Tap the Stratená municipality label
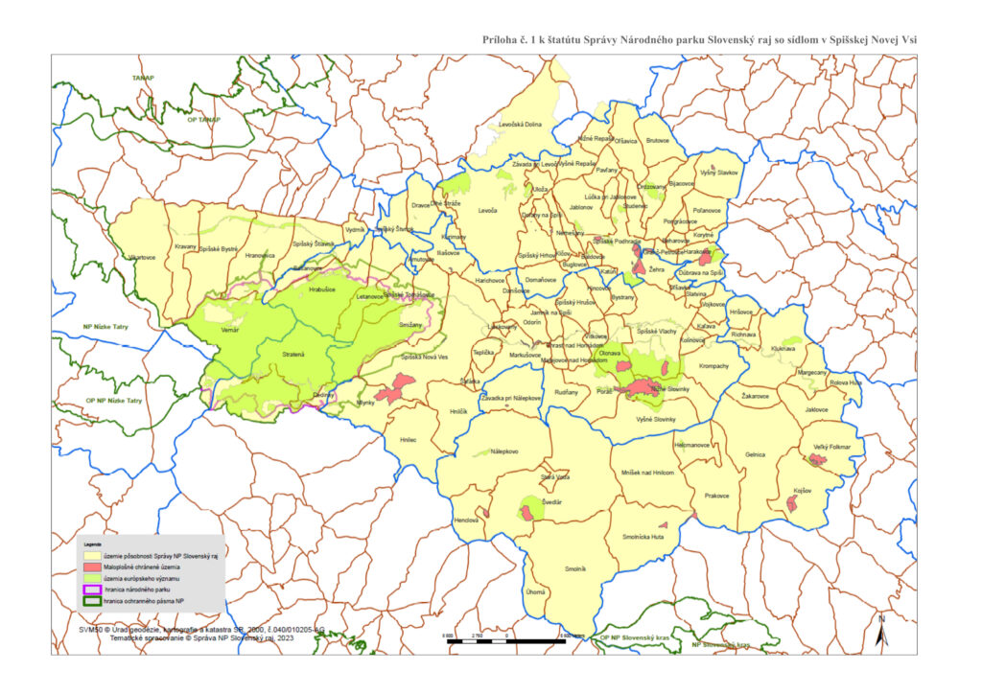point(292,355)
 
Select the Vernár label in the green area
point(230,329)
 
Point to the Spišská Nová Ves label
point(425,358)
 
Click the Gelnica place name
point(756,453)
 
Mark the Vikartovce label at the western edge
point(141,258)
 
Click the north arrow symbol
point(881,634)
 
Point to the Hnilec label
point(409,440)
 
